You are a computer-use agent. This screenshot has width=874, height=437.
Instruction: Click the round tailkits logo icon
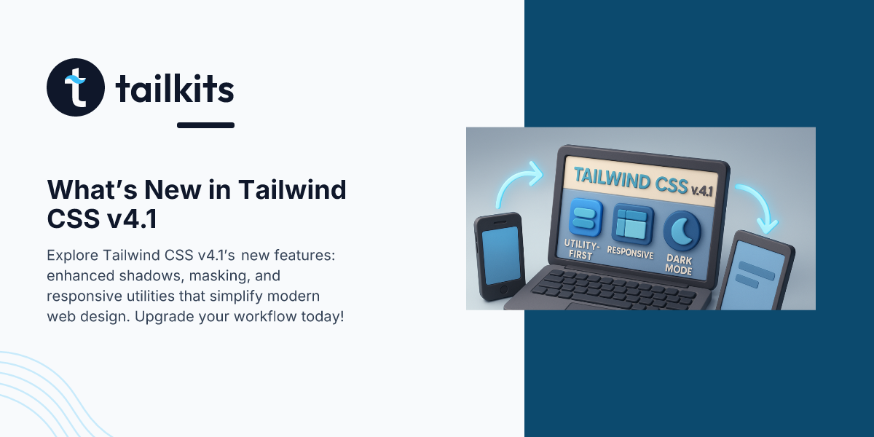(x=76, y=87)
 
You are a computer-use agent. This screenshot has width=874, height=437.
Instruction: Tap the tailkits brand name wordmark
(x=175, y=89)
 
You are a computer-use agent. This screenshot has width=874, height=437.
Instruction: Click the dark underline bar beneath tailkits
(x=205, y=125)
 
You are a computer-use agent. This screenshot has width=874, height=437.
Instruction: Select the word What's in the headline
(x=92, y=189)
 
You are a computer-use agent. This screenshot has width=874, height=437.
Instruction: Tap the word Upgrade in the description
(x=164, y=316)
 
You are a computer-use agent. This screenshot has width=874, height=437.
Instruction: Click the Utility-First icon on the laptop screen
(x=586, y=217)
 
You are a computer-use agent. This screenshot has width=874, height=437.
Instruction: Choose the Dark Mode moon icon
(x=682, y=231)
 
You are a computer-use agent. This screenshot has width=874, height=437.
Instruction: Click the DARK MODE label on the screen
(x=679, y=265)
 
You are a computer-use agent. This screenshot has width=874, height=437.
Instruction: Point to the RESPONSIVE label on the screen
(x=630, y=252)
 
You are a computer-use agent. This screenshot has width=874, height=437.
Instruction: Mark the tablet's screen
(x=751, y=276)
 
